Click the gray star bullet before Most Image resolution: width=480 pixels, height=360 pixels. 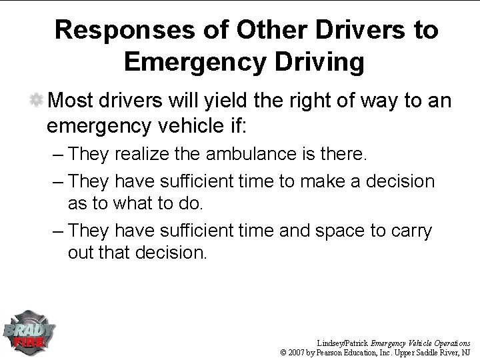tap(37, 101)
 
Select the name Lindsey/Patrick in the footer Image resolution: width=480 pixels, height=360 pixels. tap(343, 340)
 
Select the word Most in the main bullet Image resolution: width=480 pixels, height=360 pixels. tap(70, 101)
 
